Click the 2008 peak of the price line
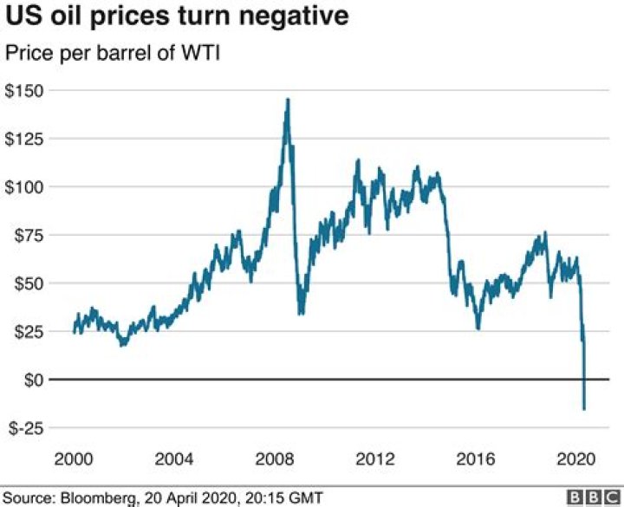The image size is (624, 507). click(288, 100)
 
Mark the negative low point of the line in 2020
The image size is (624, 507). click(584, 408)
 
